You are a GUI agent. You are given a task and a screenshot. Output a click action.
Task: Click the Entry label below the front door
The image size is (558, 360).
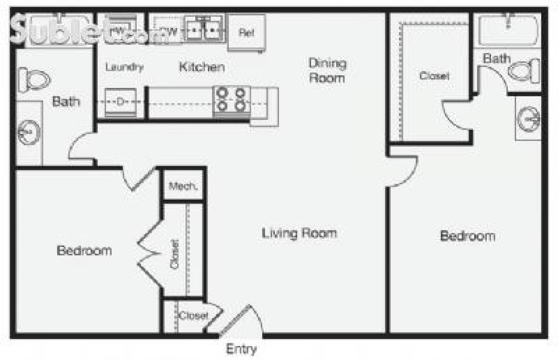coord(241,348)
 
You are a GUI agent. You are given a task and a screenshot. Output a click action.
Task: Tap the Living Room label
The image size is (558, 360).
coord(299,233)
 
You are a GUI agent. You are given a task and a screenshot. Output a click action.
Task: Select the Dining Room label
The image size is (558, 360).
coord(327,70)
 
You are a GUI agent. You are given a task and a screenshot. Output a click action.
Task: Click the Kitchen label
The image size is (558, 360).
coord(202,67)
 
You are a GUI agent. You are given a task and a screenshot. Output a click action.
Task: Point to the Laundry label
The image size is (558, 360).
coord(124,67)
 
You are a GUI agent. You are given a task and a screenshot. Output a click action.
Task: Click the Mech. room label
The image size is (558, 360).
coord(183,187)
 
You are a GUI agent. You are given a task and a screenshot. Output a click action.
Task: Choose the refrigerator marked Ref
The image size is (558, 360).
coord(246,33)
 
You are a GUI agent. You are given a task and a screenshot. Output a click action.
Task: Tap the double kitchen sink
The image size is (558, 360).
coord(204,29)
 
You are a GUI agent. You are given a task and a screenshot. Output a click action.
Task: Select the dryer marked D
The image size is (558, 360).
coord(120,101)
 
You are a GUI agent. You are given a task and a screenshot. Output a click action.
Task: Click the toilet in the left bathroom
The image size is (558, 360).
coord(33,80)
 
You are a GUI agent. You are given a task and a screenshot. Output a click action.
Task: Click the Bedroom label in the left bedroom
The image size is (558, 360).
coord(84,251)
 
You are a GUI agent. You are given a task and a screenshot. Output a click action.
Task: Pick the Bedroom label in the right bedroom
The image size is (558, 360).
coord(467,236)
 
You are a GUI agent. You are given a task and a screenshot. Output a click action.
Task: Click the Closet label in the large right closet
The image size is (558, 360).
coord(434,76)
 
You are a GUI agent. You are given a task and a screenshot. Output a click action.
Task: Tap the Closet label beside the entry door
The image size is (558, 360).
coord(193,316)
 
